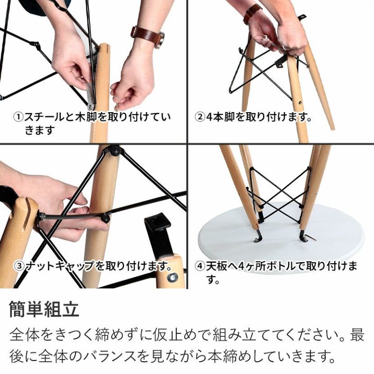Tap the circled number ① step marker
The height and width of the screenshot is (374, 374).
tap(18, 117)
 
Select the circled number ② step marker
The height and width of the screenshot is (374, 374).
tap(200, 117)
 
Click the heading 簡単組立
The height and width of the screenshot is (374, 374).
tap(44, 309)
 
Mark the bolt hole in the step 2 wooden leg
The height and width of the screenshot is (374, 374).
tap(300, 103)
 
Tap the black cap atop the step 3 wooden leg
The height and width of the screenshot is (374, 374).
tap(115, 150)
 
